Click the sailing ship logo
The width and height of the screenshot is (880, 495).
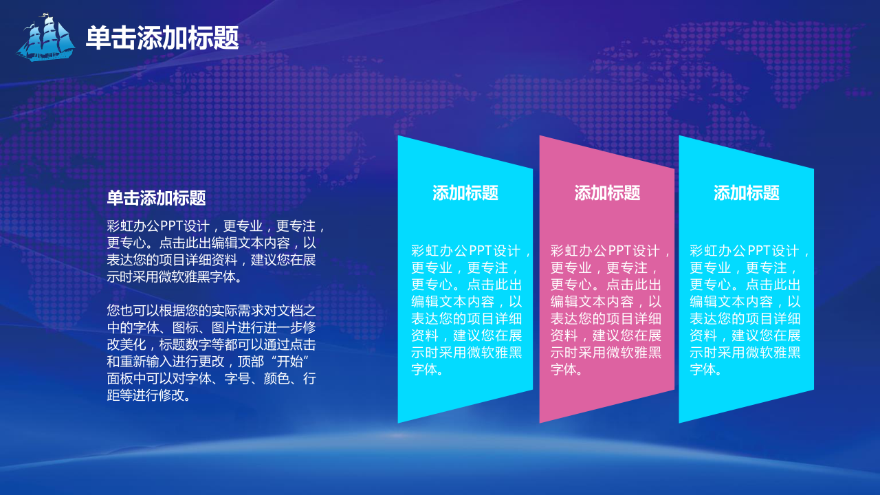pos(45,38)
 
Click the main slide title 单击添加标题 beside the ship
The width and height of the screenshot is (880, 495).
pos(162,38)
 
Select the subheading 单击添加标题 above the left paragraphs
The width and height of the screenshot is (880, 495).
pos(156,197)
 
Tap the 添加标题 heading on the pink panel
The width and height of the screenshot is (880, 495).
pos(607,193)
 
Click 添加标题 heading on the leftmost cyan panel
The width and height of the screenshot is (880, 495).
pos(465,193)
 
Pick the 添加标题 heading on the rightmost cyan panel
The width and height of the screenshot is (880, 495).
pos(747,193)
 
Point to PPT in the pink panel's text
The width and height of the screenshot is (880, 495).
pos(621,251)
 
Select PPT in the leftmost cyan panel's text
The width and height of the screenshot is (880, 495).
pos(481,251)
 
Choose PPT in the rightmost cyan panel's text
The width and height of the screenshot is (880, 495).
pos(760,251)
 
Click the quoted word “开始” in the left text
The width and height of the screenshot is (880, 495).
pos(290,362)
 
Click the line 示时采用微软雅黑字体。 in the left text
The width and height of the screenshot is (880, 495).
pos(175,277)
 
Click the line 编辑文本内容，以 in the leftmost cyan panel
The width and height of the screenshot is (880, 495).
pos(467,302)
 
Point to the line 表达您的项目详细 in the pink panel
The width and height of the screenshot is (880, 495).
pos(606,318)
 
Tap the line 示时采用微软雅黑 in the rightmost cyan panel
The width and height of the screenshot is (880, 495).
pos(745,353)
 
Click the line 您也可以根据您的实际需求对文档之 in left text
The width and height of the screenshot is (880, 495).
pos(211,311)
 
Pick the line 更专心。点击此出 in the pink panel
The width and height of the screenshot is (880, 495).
pos(606,285)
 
